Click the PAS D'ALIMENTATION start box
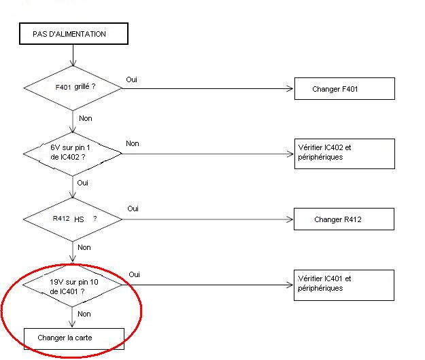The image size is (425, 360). pyautogui.click(x=73, y=35)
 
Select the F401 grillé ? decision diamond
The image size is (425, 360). pyautogui.click(x=73, y=88)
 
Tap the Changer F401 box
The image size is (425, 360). pyautogui.click(x=344, y=89)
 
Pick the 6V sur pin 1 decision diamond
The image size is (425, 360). pyautogui.click(x=73, y=154)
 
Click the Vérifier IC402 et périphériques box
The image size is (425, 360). pyautogui.click(x=344, y=154)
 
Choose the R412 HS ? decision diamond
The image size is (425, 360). pyautogui.click(x=73, y=219)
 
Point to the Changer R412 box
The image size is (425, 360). pyautogui.click(x=344, y=219)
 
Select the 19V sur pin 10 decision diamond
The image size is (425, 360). pyautogui.click(x=73, y=285)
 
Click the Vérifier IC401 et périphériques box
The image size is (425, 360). pyautogui.click(x=344, y=285)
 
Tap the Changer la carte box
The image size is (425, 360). pyautogui.click(x=74, y=338)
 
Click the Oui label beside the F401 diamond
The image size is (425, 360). pyautogui.click(x=132, y=79)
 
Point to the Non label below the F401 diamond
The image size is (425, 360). pyautogui.click(x=86, y=118)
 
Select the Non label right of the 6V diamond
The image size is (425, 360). pyautogui.click(x=132, y=144)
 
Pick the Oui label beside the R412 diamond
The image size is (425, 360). pyautogui.click(x=133, y=209)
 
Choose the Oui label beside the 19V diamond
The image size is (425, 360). pyautogui.click(x=135, y=274)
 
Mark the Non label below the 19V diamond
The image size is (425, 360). pyautogui.click(x=84, y=314)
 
